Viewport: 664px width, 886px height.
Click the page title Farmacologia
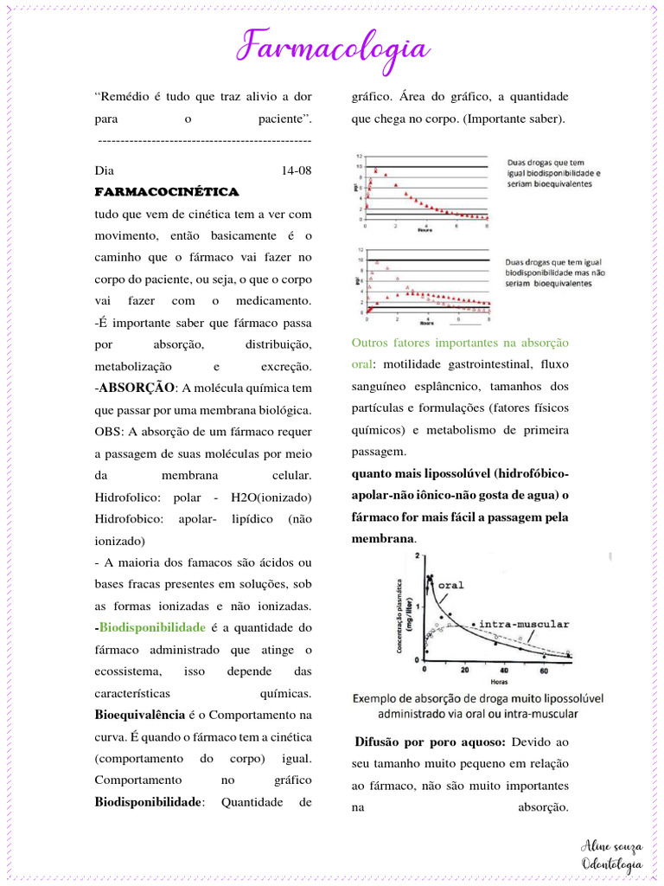click(334, 47)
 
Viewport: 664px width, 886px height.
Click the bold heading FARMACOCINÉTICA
click(166, 191)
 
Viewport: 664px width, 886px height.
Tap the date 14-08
click(297, 170)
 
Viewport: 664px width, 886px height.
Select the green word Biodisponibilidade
click(152, 627)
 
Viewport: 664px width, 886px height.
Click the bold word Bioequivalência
click(139, 715)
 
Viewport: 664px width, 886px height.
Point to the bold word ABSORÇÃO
click(137, 388)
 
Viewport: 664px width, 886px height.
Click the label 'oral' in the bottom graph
click(451, 585)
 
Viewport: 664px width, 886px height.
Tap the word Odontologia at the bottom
click(612, 864)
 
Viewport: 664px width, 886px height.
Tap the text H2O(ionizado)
click(271, 498)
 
